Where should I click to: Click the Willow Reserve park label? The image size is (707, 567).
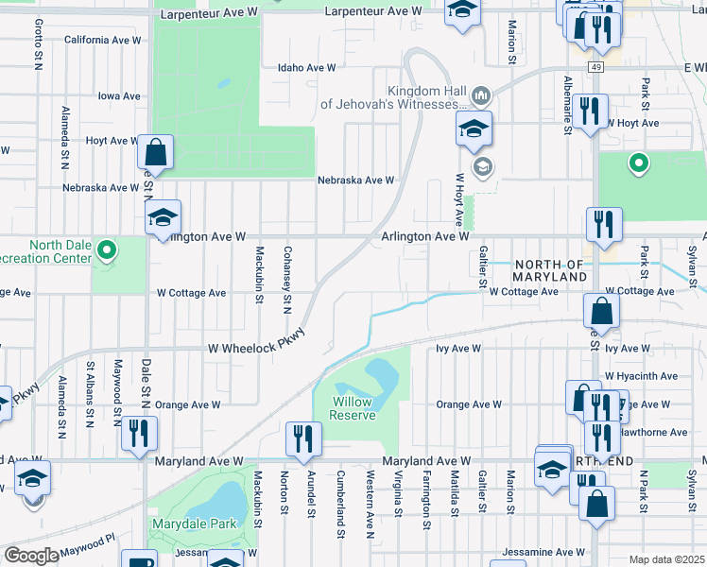tap(353, 408)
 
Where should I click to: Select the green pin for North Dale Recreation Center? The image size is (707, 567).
tap(107, 250)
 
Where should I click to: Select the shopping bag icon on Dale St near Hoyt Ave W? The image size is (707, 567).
tap(155, 152)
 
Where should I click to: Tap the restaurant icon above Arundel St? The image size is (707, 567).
tap(303, 438)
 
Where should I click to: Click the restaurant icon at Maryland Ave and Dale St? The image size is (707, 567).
tap(139, 432)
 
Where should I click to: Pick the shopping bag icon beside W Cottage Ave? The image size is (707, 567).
tap(601, 310)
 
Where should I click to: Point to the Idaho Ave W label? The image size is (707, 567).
tap(306, 68)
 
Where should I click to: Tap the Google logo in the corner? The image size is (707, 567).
tap(31, 555)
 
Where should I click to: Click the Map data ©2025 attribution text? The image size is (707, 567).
tap(665, 559)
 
